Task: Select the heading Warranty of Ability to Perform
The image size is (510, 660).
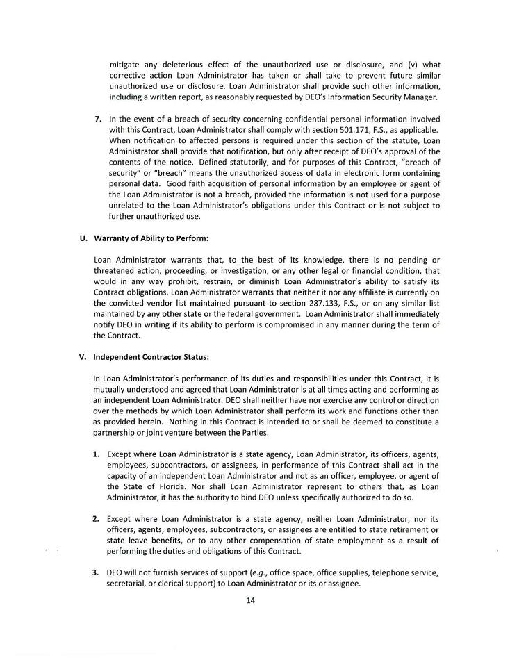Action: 151,239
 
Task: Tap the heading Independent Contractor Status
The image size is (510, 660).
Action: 151,357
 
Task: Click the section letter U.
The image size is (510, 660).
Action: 83,239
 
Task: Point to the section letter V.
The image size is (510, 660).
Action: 83,357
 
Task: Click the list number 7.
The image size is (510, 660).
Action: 98,119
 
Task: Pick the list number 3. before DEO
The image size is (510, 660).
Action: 96,572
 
